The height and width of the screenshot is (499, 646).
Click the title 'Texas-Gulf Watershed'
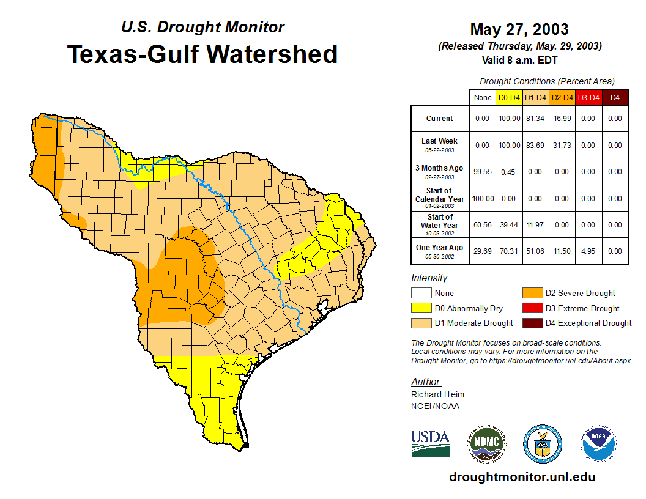(x=202, y=54)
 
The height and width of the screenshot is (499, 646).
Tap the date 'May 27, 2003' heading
(x=519, y=29)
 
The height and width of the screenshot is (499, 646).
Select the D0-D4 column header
(x=509, y=97)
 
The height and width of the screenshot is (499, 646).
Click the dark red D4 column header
(x=615, y=97)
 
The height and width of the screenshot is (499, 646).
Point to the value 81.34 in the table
(x=535, y=119)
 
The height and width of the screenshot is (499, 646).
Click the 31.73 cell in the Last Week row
(x=562, y=146)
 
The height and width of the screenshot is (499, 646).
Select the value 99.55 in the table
(x=483, y=172)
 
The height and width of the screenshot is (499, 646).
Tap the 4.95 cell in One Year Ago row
(x=588, y=251)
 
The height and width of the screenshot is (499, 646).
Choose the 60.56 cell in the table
(x=483, y=225)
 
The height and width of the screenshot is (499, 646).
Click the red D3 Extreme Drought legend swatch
(x=532, y=308)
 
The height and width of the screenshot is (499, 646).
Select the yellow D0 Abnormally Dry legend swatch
(x=421, y=308)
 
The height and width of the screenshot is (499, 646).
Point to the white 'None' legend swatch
(x=421, y=294)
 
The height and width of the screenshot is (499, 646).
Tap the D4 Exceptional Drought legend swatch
(x=532, y=323)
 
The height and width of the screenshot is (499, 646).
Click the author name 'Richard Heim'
(x=437, y=394)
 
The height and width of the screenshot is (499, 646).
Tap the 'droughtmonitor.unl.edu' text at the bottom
(x=522, y=477)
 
